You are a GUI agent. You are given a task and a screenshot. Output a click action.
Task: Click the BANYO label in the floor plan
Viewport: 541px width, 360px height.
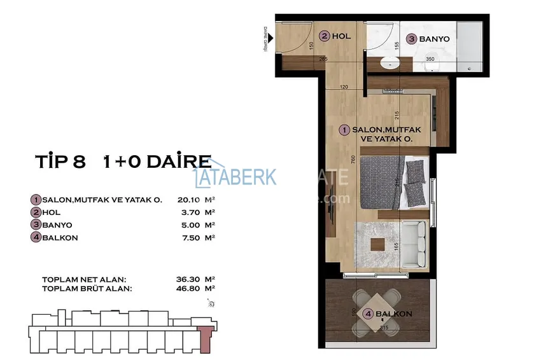[435, 39]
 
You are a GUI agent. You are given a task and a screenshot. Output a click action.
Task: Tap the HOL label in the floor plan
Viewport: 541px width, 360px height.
[341, 37]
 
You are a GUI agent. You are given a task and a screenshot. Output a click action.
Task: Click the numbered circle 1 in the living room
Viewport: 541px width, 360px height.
[344, 130]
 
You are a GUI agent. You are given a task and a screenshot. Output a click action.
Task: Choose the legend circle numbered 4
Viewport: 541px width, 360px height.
[35, 238]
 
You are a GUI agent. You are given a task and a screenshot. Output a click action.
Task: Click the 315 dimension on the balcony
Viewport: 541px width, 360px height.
[383, 328]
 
